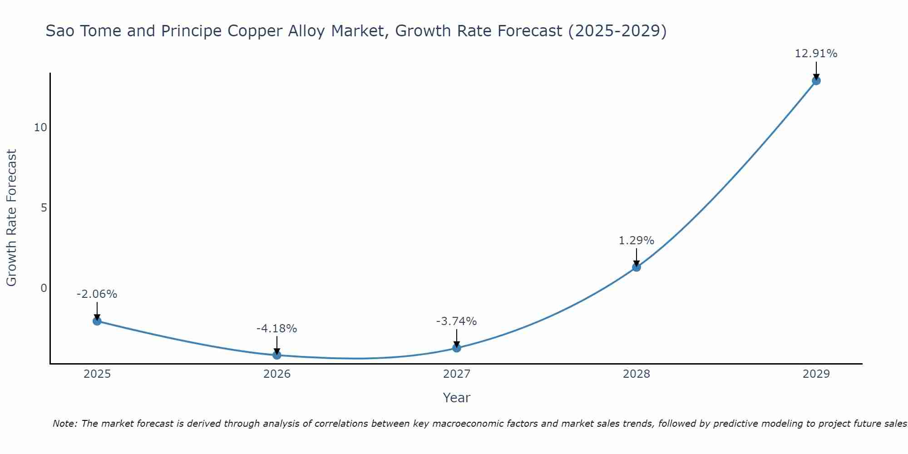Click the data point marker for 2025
click(97, 321)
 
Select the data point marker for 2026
click(277, 355)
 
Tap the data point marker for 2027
click(457, 348)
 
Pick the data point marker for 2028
click(637, 267)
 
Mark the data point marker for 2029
click(816, 81)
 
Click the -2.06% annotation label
click(97, 294)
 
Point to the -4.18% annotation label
click(276, 329)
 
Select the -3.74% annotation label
click(456, 321)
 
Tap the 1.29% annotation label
click(636, 241)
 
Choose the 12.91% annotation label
click(816, 54)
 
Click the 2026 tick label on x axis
click(277, 374)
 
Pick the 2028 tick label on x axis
click(637, 374)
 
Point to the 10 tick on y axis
click(40, 128)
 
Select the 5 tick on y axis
click(44, 208)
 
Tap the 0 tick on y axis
click(44, 288)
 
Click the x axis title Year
click(456, 398)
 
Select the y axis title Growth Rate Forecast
click(11, 217)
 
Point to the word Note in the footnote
click(64, 424)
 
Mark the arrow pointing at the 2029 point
click(816, 70)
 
